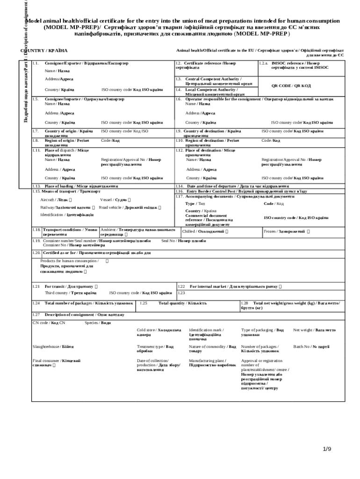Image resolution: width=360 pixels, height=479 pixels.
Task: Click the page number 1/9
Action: (x=327, y=450)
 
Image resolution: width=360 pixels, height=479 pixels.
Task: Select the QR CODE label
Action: (x=291, y=86)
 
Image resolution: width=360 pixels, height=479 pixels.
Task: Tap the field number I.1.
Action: (x=35, y=63)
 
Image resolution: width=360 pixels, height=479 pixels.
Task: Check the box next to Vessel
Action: (x=129, y=200)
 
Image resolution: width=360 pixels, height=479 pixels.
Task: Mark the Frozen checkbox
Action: (x=308, y=232)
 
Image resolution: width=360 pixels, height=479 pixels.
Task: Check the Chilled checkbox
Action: (x=227, y=232)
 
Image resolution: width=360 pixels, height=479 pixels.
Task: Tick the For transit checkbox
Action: (x=96, y=286)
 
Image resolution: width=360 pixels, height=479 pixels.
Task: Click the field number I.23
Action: (x=181, y=293)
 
